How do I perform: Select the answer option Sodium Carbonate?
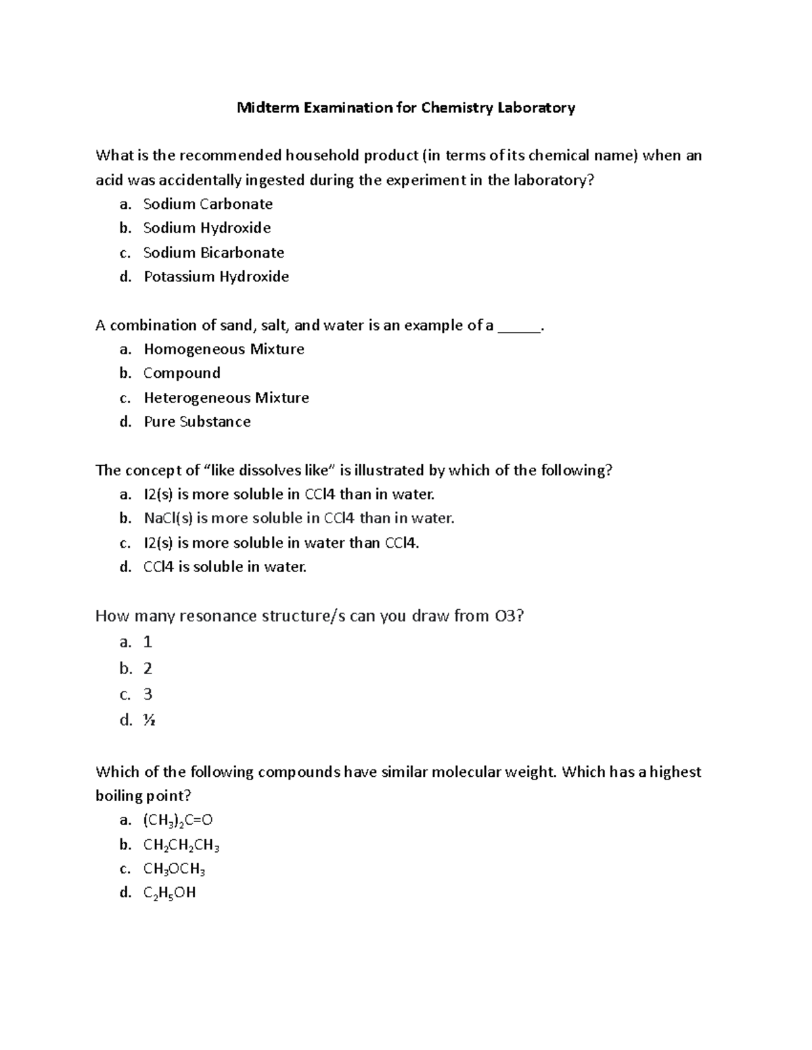click(208, 204)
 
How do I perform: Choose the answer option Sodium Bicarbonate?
click(213, 253)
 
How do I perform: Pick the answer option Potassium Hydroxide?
click(216, 277)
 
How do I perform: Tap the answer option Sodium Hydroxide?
click(206, 228)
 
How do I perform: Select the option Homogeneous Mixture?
click(223, 350)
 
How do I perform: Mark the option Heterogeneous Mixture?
click(226, 398)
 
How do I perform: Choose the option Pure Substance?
click(197, 422)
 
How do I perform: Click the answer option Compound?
click(181, 373)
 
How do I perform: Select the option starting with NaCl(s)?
click(298, 519)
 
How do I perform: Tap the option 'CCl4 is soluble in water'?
click(225, 567)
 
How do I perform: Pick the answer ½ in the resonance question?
click(149, 720)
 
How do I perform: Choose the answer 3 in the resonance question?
click(148, 694)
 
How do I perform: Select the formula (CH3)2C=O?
click(177, 821)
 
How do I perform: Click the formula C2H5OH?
click(169, 893)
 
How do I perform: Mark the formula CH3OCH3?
click(174, 869)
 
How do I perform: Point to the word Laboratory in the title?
click(536, 108)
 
